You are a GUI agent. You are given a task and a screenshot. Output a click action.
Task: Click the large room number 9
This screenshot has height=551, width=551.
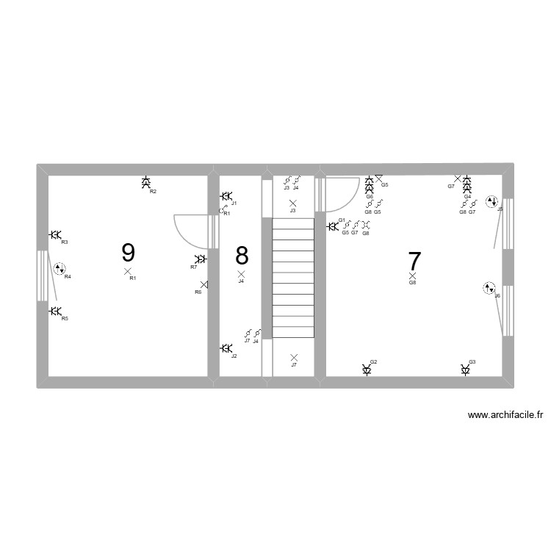128,253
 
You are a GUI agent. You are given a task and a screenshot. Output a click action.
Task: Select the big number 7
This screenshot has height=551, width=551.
414,261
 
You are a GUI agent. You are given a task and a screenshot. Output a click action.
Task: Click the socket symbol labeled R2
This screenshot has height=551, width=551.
146,182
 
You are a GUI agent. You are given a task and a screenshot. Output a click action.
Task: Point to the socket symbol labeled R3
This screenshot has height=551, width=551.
55,234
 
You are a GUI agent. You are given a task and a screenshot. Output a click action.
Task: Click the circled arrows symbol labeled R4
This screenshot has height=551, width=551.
60,269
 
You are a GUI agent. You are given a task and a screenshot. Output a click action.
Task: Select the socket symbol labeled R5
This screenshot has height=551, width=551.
55,311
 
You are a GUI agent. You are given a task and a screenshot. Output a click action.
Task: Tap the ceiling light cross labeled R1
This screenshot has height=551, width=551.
128,271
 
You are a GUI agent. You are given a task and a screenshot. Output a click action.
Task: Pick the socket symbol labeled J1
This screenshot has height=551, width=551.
226,196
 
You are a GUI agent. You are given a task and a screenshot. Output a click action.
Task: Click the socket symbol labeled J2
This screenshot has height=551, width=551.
226,348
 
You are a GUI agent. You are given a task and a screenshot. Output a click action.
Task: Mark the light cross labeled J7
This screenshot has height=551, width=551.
294,358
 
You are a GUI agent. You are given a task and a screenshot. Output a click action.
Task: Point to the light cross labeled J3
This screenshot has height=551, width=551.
293,203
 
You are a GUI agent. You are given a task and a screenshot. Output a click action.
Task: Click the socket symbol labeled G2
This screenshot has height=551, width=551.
367,370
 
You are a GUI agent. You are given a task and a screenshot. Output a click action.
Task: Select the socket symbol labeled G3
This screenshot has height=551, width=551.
466,370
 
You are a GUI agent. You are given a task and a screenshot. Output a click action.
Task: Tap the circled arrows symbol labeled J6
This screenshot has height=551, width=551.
489,288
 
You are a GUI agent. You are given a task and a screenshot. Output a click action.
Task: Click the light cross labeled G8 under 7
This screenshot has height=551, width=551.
412,276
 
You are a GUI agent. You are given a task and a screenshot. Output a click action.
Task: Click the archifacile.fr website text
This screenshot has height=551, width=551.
504,415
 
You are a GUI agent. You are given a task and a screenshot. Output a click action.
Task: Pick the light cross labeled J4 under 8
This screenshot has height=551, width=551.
241,274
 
